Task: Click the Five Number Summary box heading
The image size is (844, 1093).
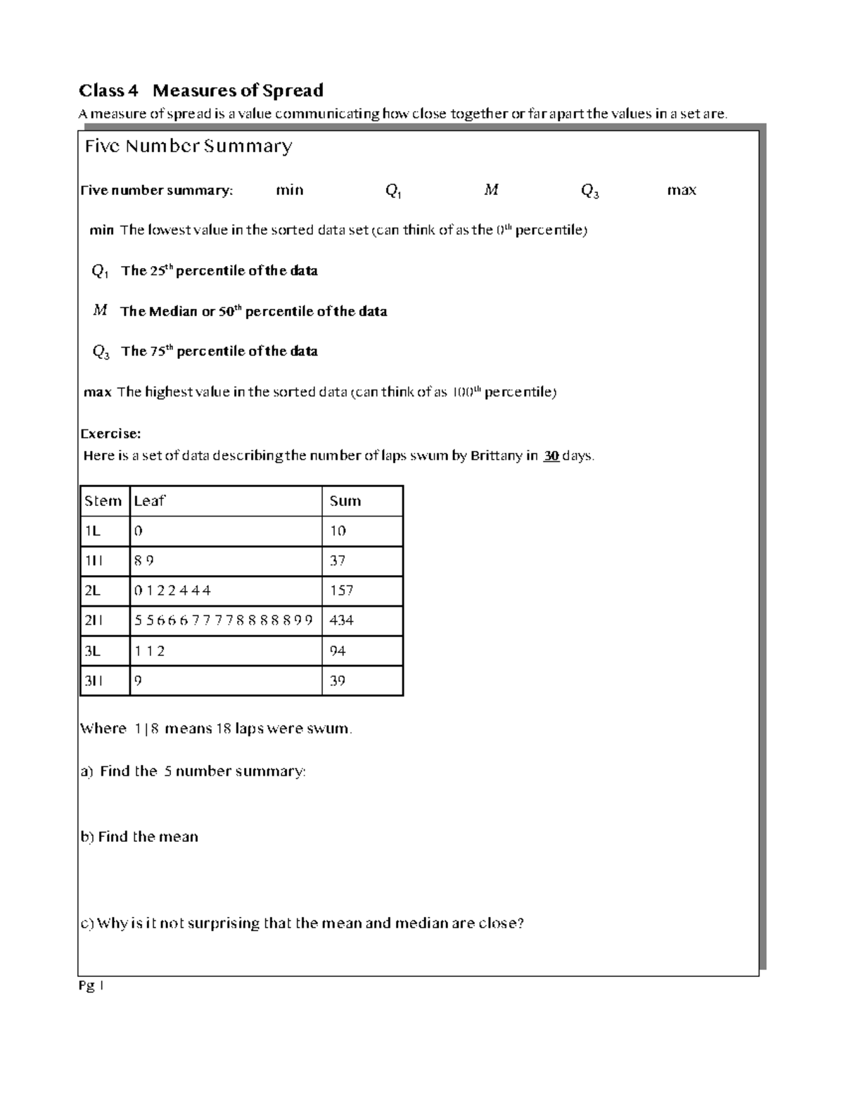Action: [188, 146]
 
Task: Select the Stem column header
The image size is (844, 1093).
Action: [103, 501]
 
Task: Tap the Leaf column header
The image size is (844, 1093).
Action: [149, 501]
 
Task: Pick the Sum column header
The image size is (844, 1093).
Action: [345, 501]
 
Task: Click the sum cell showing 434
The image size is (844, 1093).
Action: [342, 621]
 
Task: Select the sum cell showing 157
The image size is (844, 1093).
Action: [342, 590]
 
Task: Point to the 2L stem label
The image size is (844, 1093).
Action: [93, 590]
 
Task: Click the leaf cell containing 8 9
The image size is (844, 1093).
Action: [144, 561]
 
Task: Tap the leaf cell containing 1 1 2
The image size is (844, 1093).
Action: [150, 651]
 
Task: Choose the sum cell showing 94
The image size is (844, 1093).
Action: [338, 651]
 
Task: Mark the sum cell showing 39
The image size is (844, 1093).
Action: [338, 681]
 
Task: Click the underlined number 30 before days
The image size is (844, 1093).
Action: [551, 455]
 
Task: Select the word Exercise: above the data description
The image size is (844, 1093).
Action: [111, 434]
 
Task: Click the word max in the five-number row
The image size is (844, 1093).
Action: [682, 190]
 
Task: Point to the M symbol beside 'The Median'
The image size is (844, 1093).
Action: [100, 310]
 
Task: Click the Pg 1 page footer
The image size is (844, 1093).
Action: [91, 987]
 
